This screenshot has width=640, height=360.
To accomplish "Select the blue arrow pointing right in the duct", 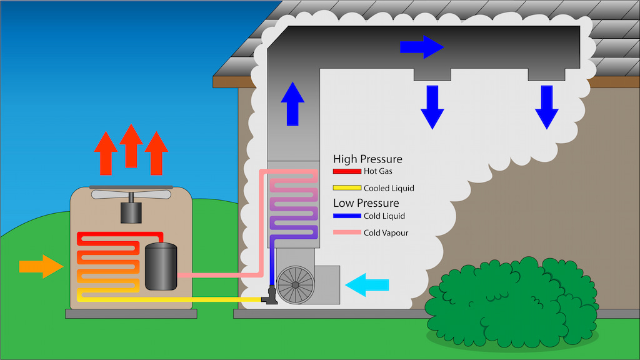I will click(x=421, y=47).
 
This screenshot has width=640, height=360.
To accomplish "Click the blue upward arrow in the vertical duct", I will click(x=292, y=103).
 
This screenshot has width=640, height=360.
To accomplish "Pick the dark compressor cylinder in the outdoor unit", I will click(x=161, y=266).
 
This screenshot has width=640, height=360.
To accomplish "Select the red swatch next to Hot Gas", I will click(x=346, y=171).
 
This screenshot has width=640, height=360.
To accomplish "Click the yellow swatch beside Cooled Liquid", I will click(x=346, y=187).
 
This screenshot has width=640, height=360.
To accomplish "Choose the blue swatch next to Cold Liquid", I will click(x=346, y=216).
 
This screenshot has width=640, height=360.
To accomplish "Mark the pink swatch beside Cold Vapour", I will click(x=346, y=232).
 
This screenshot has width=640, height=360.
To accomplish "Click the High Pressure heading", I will click(x=367, y=159).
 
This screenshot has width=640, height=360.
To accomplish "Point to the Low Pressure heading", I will click(x=366, y=203).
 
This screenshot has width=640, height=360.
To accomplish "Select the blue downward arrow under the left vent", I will click(x=432, y=107).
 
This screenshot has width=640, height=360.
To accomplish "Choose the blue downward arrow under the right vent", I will click(x=546, y=107).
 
